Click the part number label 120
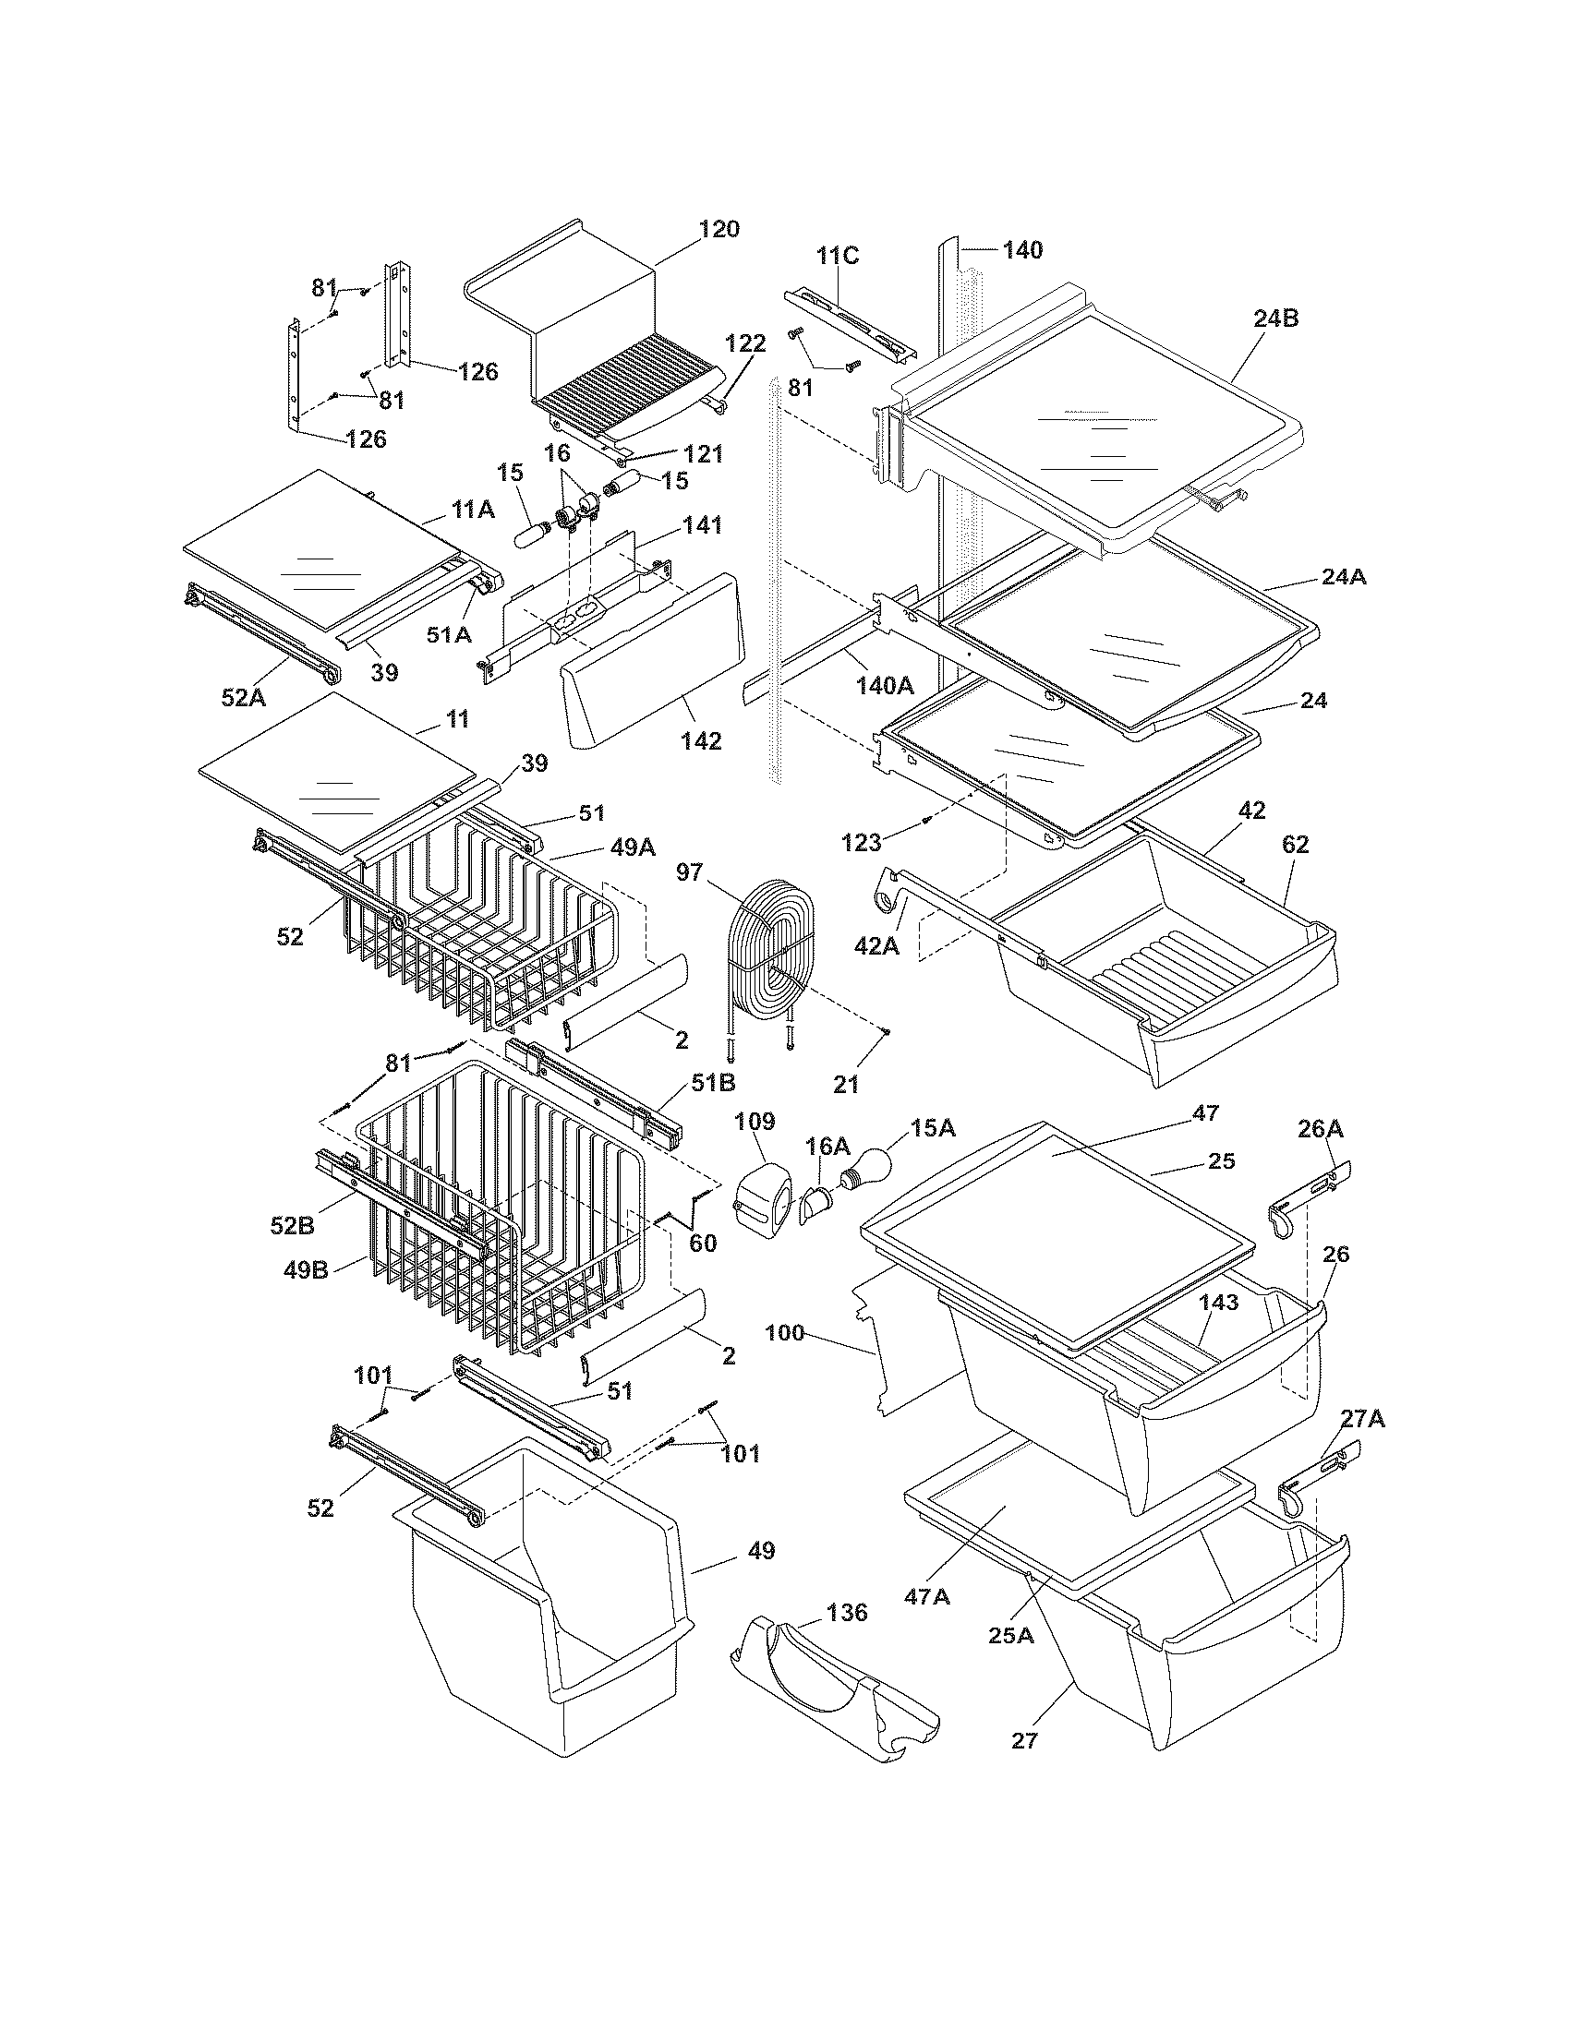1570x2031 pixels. tap(719, 229)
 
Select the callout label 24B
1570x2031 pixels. tap(1275, 318)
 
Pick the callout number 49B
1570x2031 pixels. tap(306, 1268)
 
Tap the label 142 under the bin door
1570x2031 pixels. tap(700, 740)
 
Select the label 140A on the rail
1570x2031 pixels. tap(885, 685)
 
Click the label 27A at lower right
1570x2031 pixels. tap(1361, 1419)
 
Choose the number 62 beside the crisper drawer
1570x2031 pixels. tap(1295, 845)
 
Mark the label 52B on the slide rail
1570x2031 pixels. tap(292, 1226)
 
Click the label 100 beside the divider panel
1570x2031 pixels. tap(784, 1332)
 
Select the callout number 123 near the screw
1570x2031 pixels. tap(861, 843)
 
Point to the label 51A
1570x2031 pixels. tap(449, 634)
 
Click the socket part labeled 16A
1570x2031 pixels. tap(816, 1203)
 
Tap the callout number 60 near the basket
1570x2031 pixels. tap(702, 1243)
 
